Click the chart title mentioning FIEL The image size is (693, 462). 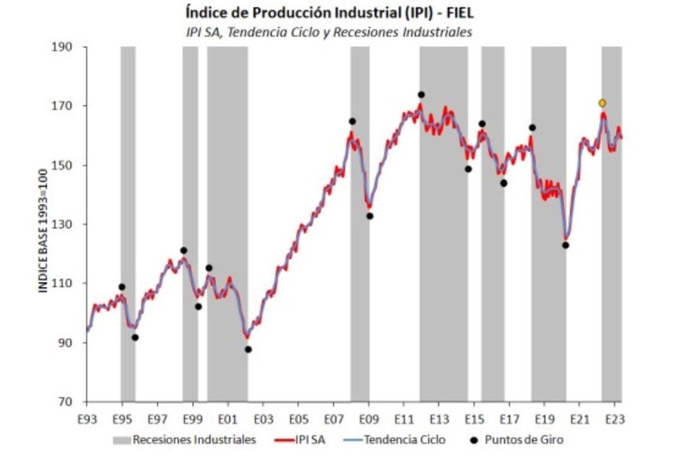tap(346, 14)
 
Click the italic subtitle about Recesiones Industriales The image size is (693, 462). tap(346, 32)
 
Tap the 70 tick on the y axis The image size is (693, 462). tap(66, 402)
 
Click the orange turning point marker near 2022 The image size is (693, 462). tap(602, 103)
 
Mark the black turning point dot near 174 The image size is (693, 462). tap(421, 95)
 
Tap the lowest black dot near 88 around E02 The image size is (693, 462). tap(248, 349)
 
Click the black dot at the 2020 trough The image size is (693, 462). tap(566, 245)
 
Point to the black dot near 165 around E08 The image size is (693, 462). tap(352, 121)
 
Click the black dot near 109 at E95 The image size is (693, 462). tap(122, 287)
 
